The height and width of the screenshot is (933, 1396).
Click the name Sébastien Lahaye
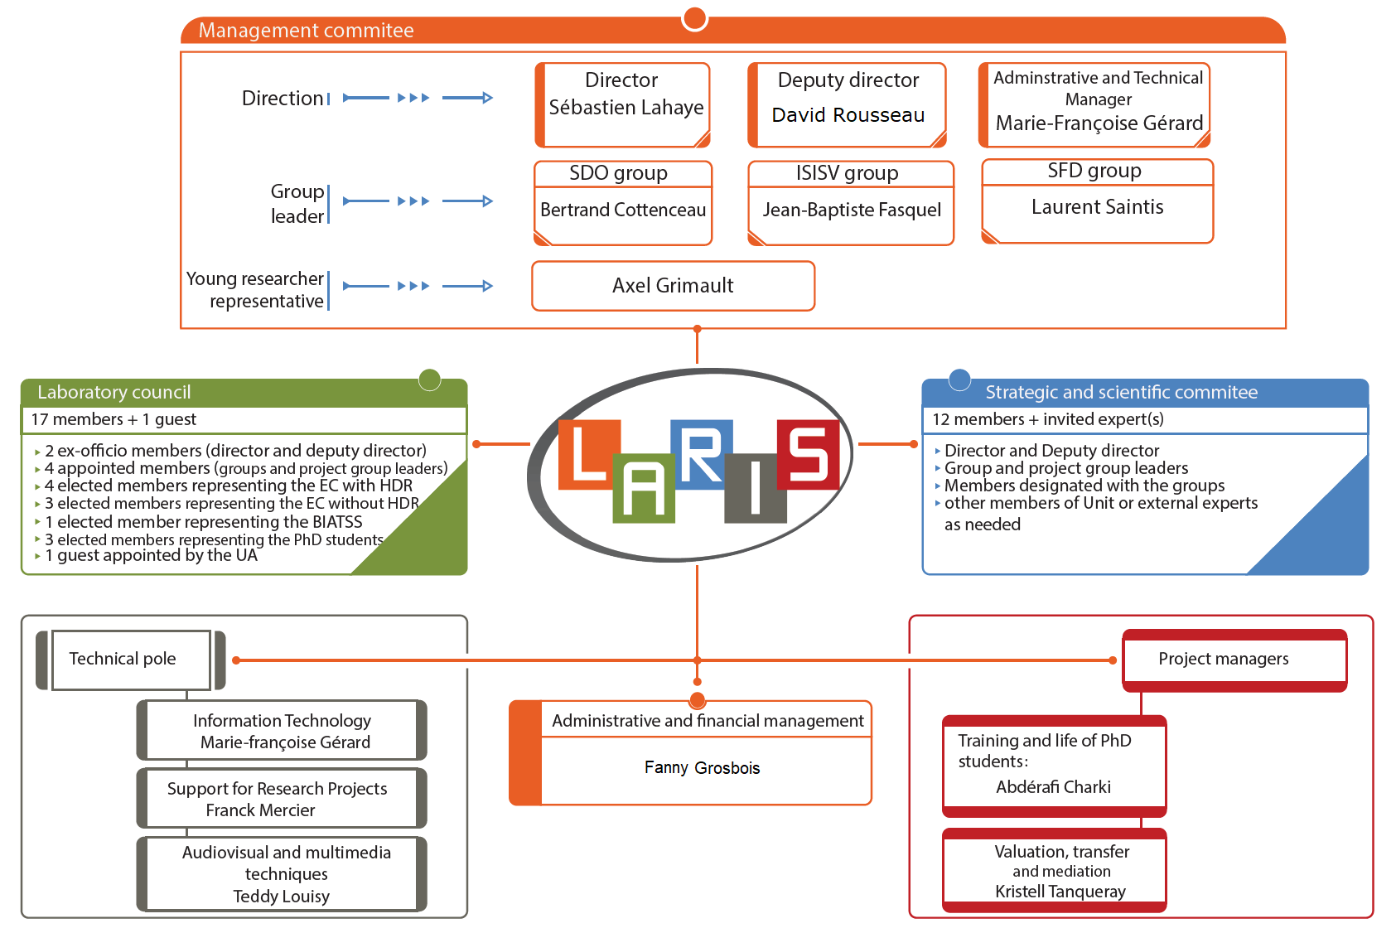click(x=626, y=108)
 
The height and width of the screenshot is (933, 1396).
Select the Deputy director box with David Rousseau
click(x=848, y=104)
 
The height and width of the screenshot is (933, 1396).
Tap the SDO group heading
click(x=618, y=173)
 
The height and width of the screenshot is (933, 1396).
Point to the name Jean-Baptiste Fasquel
click(x=852, y=210)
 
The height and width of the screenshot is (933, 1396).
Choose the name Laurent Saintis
click(x=1097, y=207)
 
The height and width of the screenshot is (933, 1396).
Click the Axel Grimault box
click(x=673, y=286)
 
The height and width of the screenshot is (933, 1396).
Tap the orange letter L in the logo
click(x=588, y=454)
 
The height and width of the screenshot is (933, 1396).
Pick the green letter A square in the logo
click(x=643, y=490)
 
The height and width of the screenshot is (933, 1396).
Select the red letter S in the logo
click(x=808, y=454)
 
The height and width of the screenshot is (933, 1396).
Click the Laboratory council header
click(x=114, y=392)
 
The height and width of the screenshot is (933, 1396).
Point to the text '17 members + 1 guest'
click(x=114, y=419)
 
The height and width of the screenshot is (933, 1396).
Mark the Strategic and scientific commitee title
click(x=1121, y=392)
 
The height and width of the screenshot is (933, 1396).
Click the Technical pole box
click(x=123, y=659)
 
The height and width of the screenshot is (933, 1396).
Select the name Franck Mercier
click(x=260, y=810)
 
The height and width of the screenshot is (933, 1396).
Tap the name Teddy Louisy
click(x=281, y=896)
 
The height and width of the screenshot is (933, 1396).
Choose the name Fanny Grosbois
click(x=702, y=768)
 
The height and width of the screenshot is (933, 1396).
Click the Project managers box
click(x=1223, y=659)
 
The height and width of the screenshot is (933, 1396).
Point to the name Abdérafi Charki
click(x=1053, y=787)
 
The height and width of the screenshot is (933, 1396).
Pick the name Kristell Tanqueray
click(x=1060, y=892)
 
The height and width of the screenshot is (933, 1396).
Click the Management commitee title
click(x=306, y=31)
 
